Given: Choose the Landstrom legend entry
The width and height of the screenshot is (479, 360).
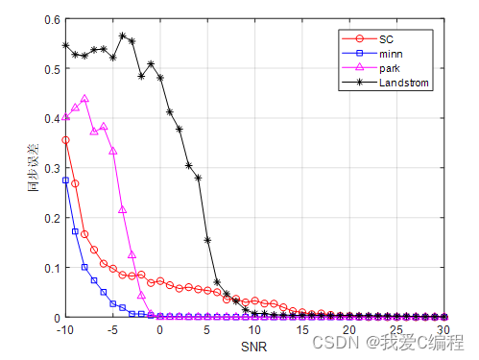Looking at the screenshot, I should (404, 83).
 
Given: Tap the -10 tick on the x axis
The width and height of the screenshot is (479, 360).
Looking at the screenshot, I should (64, 330).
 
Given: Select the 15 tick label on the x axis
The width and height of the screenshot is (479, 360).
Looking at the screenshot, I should (303, 330).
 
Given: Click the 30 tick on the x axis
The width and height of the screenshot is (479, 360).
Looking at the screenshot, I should (446, 330).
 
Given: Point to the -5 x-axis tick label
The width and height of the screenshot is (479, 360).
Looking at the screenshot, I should (112, 330).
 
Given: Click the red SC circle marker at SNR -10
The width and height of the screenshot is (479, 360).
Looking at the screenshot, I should (65, 140).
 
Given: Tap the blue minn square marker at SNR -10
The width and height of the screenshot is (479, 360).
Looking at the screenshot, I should (65, 180).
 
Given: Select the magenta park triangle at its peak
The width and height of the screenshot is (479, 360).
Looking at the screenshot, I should (84, 98).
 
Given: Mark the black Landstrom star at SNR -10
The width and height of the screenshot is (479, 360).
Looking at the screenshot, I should (65, 45).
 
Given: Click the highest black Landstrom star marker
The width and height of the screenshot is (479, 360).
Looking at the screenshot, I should (123, 36).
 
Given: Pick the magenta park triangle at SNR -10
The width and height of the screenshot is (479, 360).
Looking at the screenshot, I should (65, 116).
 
